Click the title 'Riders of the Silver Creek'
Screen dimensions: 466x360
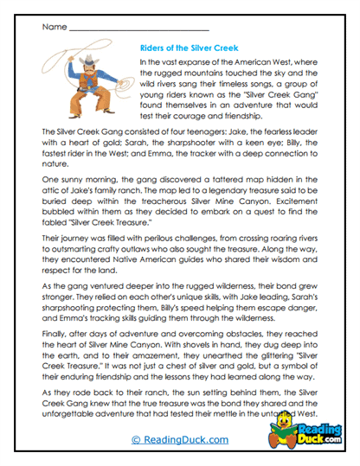[188, 48]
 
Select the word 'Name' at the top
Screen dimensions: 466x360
[53, 27]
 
